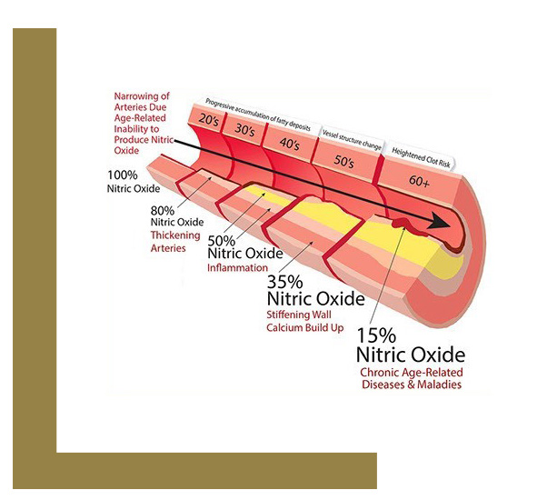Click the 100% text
click(x=124, y=176)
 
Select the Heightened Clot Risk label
click(x=423, y=155)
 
